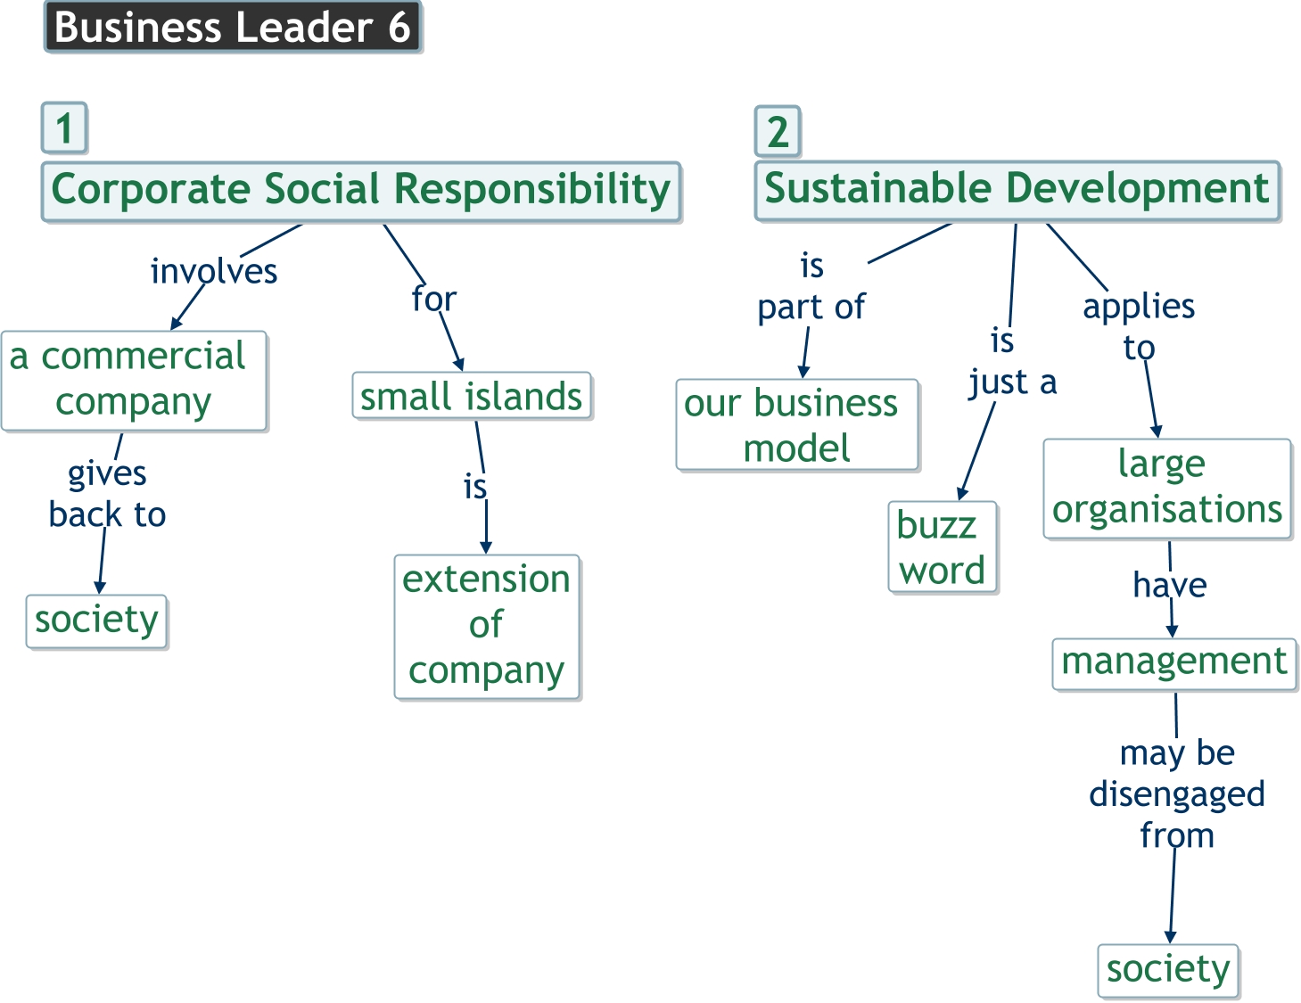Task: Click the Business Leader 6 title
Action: (232, 28)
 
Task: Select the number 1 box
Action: (64, 128)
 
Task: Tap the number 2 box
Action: (778, 132)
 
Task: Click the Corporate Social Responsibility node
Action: (361, 191)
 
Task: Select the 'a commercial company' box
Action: (134, 380)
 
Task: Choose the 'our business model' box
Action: (796, 425)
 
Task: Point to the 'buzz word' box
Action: (942, 547)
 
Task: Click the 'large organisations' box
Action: (1166, 488)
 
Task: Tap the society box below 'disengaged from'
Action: (1168, 970)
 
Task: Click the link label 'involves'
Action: (214, 272)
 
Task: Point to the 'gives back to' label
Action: (107, 494)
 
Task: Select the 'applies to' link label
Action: (1139, 326)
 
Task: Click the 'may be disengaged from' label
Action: (1177, 794)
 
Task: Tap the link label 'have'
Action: (1170, 586)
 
